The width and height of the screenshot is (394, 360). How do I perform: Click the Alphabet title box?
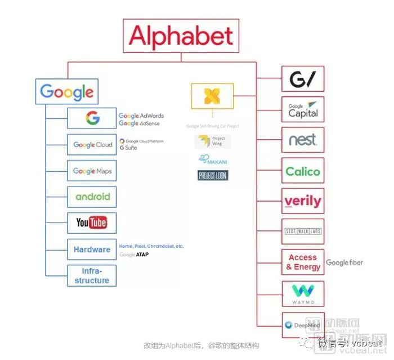click(x=181, y=36)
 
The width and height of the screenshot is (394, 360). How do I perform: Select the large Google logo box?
click(x=66, y=91)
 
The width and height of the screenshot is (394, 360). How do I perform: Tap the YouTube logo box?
click(x=92, y=223)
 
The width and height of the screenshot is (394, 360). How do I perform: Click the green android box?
click(x=92, y=197)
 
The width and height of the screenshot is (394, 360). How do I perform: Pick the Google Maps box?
click(x=92, y=171)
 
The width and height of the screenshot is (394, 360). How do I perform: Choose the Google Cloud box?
click(x=92, y=145)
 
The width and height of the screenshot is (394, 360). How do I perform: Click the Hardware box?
click(x=92, y=249)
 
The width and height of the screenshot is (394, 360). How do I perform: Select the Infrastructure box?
click(x=92, y=275)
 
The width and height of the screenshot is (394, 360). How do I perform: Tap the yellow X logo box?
click(x=212, y=96)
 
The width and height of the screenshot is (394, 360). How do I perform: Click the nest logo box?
click(x=303, y=139)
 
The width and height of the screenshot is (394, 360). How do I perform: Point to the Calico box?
click(x=303, y=171)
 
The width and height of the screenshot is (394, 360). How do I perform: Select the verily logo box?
click(x=303, y=201)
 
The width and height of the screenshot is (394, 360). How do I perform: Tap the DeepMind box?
click(x=303, y=325)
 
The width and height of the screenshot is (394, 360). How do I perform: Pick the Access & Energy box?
click(x=303, y=262)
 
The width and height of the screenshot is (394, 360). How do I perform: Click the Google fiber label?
click(x=344, y=263)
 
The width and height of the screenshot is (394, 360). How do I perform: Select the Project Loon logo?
click(x=213, y=175)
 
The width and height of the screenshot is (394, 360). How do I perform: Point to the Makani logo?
click(x=213, y=159)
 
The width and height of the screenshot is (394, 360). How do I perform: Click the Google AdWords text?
click(x=141, y=116)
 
